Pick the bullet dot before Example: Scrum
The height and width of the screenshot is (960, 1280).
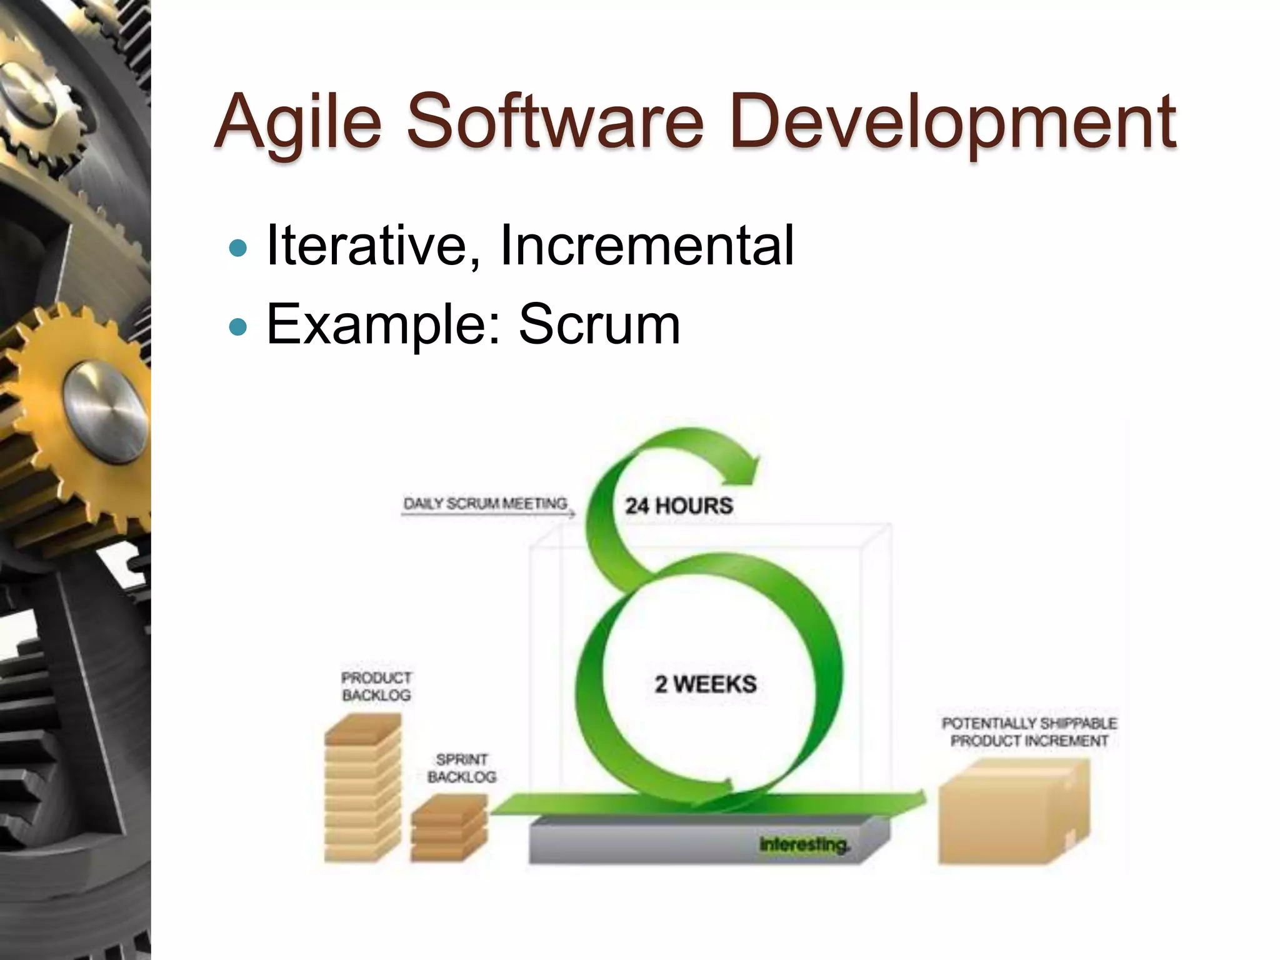coord(238,327)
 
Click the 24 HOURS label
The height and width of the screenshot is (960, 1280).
coord(679,505)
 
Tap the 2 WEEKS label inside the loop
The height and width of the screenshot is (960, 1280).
coord(706,684)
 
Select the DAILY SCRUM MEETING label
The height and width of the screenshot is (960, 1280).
coord(486,504)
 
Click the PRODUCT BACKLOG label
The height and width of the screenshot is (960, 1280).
coord(376,686)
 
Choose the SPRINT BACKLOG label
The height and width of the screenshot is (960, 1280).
coord(461,768)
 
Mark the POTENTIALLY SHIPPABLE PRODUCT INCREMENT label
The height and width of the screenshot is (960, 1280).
coord(1029,732)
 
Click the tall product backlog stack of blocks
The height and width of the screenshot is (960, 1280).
coord(362,791)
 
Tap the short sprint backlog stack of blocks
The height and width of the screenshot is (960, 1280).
coord(449,828)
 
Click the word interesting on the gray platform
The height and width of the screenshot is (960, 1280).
coord(804,844)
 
